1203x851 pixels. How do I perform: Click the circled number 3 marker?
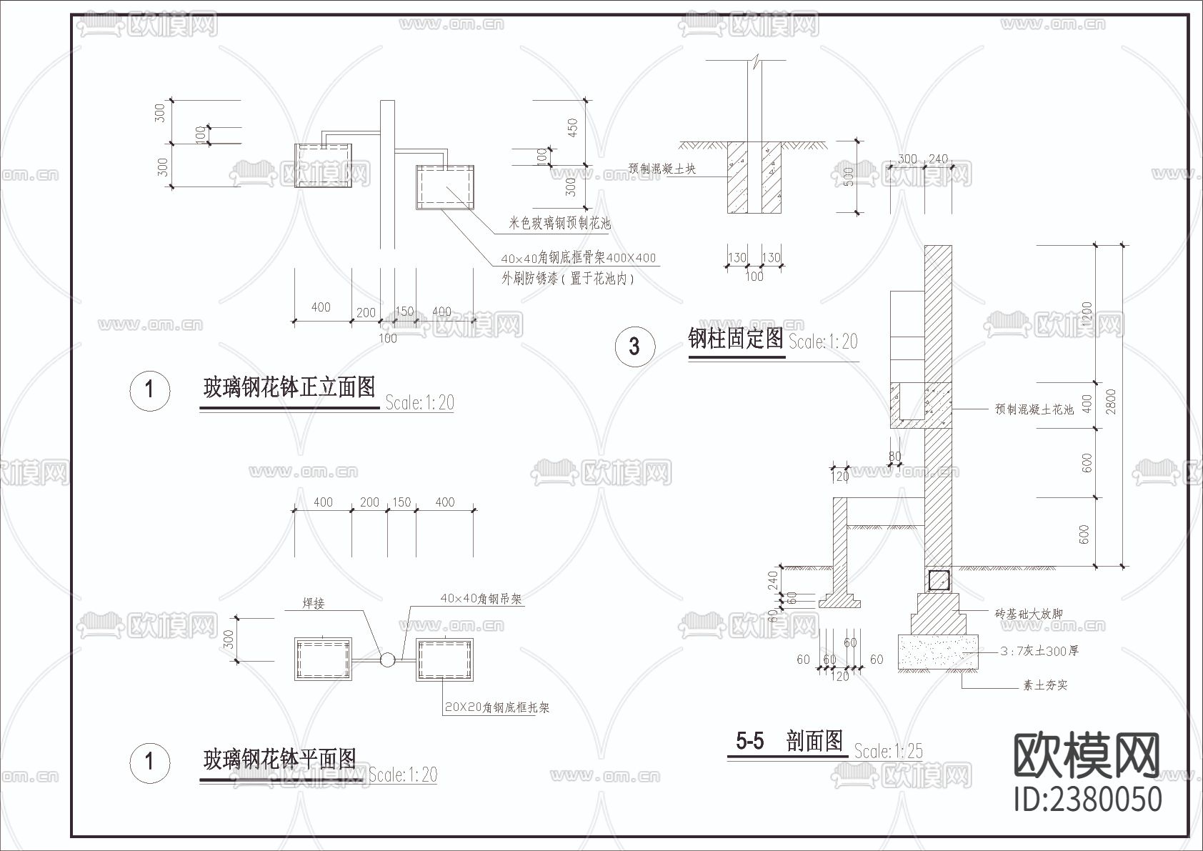point(634,347)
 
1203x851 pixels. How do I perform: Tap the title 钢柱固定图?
point(736,338)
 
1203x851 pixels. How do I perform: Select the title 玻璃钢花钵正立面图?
point(289,388)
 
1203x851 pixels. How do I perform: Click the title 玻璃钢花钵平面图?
point(279,759)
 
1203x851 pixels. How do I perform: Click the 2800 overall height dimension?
point(1110,402)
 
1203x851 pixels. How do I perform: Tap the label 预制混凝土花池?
point(1034,409)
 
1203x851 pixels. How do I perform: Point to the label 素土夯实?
point(1045,685)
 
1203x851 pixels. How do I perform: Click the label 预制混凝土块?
point(662,169)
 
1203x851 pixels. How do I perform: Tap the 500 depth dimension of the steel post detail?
point(849,176)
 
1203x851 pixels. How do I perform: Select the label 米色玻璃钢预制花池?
point(559,224)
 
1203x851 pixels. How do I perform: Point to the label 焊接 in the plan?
point(314,604)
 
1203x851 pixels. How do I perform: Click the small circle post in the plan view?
point(386,660)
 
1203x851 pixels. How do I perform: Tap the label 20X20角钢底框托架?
point(496,707)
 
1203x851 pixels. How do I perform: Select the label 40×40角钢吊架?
point(481,599)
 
